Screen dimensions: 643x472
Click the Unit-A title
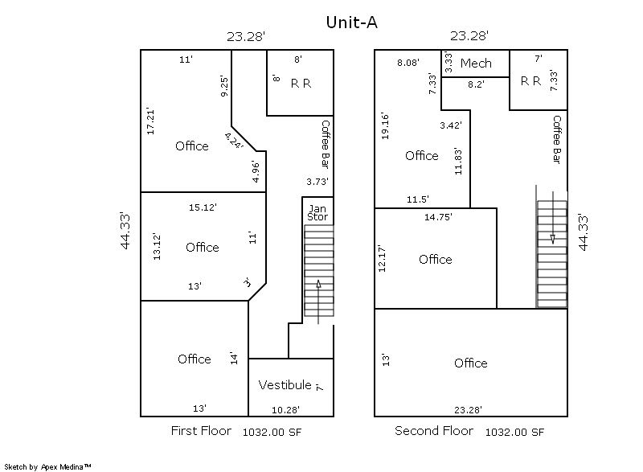click(351, 23)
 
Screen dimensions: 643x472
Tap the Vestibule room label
click(285, 384)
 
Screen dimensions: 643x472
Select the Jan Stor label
click(317, 213)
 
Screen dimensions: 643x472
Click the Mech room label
click(476, 64)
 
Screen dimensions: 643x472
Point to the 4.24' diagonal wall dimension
click(234, 141)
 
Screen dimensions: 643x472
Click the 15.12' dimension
click(203, 207)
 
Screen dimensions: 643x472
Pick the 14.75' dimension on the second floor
click(438, 217)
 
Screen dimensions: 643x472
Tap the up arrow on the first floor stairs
click(318, 302)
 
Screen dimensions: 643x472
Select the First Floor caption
click(201, 431)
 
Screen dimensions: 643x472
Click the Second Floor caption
click(434, 431)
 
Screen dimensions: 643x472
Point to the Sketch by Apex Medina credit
click(47, 466)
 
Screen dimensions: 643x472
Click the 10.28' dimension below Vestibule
click(285, 409)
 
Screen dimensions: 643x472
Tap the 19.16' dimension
click(384, 126)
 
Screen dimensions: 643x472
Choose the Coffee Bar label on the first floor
click(326, 144)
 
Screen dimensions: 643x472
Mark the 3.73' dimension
click(317, 181)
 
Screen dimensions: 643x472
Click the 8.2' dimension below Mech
click(476, 84)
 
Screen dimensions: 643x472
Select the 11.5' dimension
click(417, 199)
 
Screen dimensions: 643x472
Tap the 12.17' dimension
click(382, 259)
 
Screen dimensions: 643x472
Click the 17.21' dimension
click(150, 121)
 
